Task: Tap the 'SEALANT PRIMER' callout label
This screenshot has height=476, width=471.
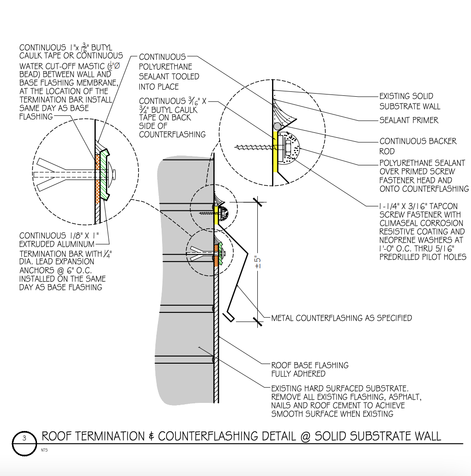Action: tap(409, 120)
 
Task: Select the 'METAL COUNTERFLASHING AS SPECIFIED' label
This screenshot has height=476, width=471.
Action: tap(341, 318)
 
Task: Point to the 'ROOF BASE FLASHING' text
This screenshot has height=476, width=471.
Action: tap(310, 365)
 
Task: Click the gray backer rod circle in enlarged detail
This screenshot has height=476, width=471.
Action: tap(277, 126)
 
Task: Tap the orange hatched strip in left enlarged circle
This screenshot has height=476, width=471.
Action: tap(97, 178)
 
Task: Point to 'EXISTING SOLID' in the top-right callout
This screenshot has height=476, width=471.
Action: tap(406, 96)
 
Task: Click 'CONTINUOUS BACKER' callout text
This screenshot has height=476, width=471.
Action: tap(418, 141)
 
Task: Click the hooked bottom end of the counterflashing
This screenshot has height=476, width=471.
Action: tap(230, 316)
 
